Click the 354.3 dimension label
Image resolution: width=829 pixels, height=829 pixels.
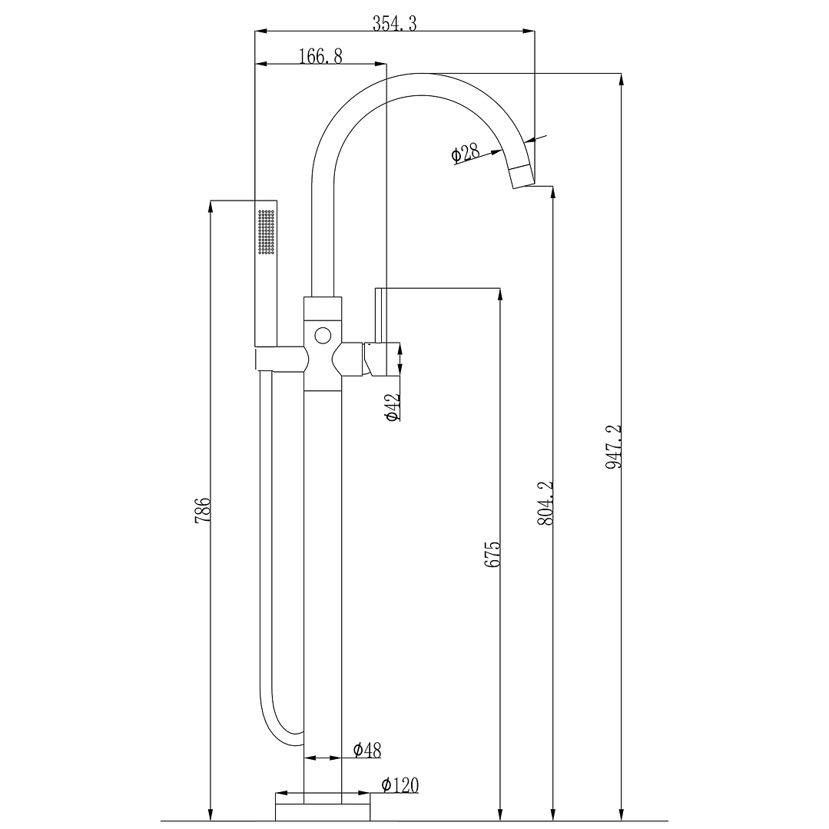click(394, 23)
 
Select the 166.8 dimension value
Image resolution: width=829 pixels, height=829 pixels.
click(320, 56)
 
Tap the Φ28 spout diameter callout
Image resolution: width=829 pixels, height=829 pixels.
click(466, 154)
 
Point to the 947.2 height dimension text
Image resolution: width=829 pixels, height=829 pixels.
click(613, 446)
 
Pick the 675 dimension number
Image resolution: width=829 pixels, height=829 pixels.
click(492, 554)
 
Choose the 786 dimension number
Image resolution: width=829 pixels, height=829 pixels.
click(203, 510)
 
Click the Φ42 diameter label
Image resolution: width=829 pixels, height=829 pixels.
click(393, 407)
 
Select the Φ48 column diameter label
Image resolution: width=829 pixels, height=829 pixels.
click(367, 750)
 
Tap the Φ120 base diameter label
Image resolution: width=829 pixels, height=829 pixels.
click(400, 785)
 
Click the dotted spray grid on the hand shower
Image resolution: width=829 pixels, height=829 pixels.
click(267, 231)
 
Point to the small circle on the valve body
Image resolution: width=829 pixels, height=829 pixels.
click(323, 335)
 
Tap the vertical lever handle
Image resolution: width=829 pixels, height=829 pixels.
click(378, 315)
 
